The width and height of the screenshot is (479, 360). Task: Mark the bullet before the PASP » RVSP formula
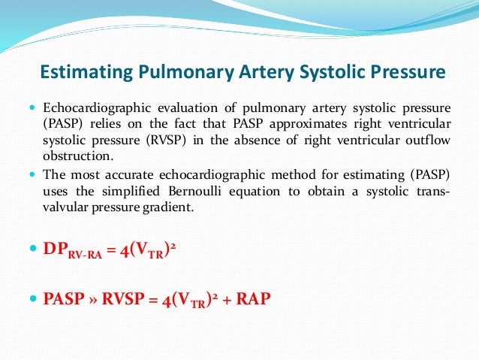[x=31, y=298]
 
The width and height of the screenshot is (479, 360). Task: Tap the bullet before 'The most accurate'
[x=31, y=174]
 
